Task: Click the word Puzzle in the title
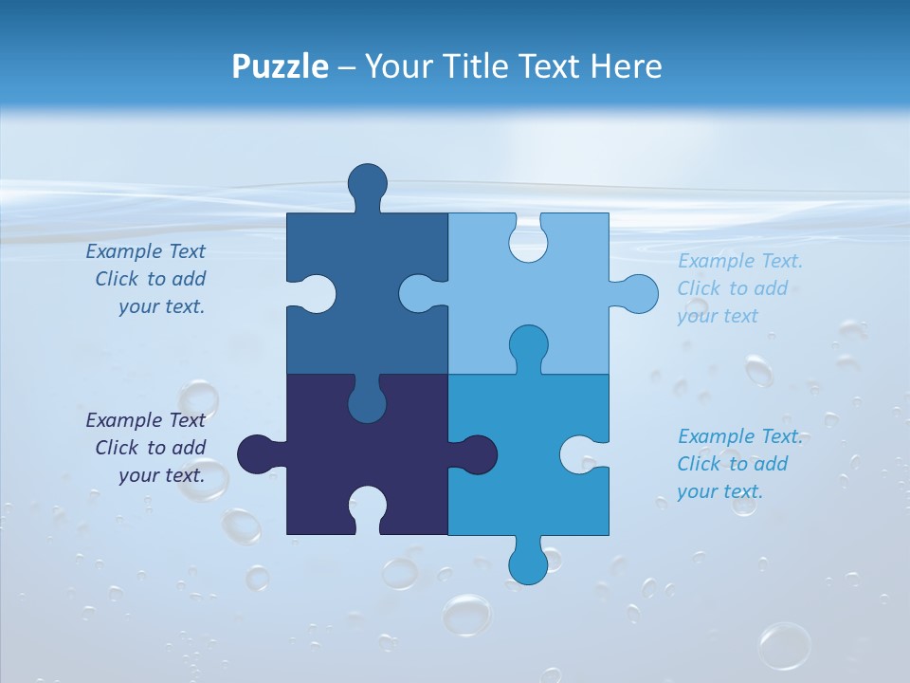(281, 67)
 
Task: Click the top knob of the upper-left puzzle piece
(367, 183)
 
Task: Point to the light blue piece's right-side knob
(638, 293)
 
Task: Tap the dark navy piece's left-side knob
(257, 454)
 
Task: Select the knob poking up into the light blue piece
(528, 345)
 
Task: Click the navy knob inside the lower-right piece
(476, 454)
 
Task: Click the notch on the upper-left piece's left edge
(316, 293)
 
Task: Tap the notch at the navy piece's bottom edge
(367, 507)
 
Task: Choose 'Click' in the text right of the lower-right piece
(699, 464)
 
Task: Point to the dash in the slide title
(347, 67)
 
